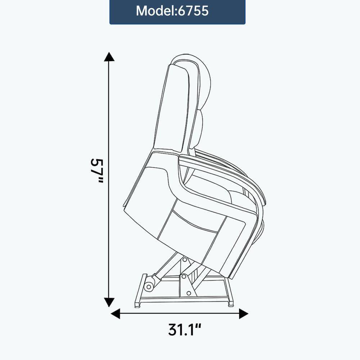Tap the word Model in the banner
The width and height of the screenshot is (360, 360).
pos(155,11)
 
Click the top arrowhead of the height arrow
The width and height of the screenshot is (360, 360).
pos(109,57)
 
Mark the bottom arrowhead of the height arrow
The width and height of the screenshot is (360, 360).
pos(109,302)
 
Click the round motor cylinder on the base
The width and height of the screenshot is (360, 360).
pos(148,287)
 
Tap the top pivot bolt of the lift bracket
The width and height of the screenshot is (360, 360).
pos(184,259)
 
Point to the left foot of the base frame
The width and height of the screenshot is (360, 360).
pos(137,305)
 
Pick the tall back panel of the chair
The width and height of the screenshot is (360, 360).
pos(173,108)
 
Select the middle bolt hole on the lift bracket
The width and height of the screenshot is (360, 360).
pos(184,276)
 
